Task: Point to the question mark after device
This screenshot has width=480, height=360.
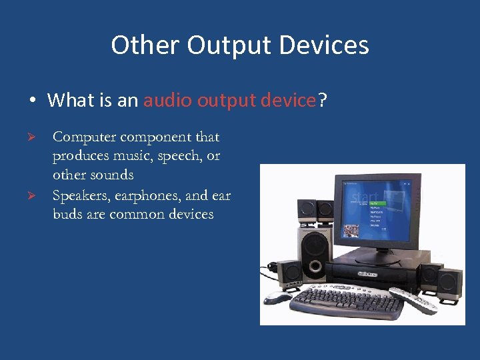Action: (x=322, y=101)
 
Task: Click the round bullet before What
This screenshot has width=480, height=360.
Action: (x=32, y=101)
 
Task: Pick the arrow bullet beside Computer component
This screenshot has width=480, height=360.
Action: (x=39, y=137)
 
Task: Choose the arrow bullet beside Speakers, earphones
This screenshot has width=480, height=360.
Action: (x=39, y=195)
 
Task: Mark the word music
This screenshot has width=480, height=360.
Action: (x=132, y=156)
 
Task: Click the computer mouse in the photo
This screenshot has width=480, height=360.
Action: (x=277, y=297)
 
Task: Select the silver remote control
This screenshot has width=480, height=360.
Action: (x=413, y=300)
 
